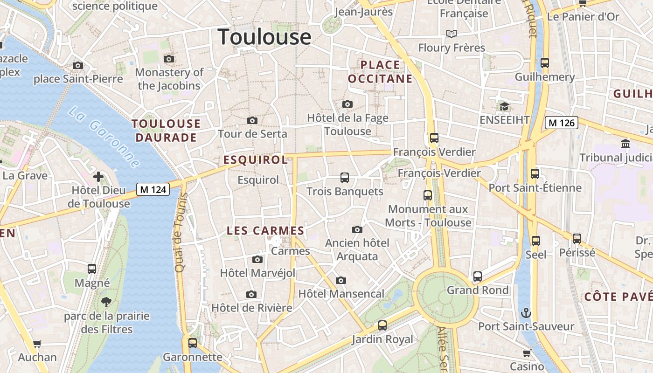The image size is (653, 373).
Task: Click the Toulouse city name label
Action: point(264,37)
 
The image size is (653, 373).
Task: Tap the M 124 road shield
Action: point(153,189)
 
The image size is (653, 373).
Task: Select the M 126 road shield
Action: point(562,123)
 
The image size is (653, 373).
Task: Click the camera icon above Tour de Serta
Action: point(252,121)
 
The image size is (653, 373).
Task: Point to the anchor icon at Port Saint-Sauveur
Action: point(526,313)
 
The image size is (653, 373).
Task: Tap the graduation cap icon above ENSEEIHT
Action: point(504,107)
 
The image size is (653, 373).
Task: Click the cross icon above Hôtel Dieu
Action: point(98,177)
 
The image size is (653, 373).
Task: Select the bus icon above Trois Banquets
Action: point(345,178)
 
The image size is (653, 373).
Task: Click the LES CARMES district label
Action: point(265,230)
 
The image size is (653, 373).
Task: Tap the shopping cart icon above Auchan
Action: point(37,344)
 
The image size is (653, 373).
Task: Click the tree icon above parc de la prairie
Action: point(106,302)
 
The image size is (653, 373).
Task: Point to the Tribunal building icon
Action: point(625,144)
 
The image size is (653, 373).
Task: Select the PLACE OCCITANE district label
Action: point(380,71)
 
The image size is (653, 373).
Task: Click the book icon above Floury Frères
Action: point(451,34)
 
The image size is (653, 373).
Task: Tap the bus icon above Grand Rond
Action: point(477,276)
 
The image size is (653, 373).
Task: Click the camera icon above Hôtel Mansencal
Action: point(341,280)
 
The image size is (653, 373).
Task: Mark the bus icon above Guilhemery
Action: point(544,63)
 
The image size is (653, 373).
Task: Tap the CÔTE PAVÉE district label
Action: point(618,297)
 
